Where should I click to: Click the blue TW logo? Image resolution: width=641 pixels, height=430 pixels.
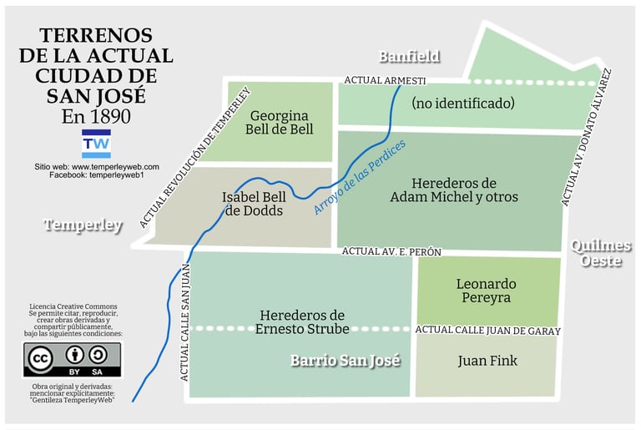coord(96,144)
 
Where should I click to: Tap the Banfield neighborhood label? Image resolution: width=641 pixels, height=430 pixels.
coord(409,57)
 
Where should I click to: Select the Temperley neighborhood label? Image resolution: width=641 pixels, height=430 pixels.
coord(83,225)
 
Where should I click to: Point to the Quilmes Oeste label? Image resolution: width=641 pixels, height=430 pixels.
coord(601,253)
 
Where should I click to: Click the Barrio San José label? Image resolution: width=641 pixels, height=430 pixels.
coord(346,361)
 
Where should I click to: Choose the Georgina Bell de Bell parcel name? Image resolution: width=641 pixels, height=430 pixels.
coord(280,122)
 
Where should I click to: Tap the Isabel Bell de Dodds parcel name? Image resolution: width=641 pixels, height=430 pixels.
coord(254,204)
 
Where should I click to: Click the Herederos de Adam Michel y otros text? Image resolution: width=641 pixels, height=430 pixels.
coord(454,190)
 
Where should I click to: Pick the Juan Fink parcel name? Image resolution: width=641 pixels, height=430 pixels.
coord(487,361)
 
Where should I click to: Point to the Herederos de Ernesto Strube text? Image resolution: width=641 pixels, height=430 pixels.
coord(301,322)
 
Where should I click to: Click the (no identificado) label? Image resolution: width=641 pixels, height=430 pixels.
coord(462,104)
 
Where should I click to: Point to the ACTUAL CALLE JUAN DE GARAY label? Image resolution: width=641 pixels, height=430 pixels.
coord(487,330)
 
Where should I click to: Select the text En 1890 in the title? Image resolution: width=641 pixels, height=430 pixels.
coord(96,116)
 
